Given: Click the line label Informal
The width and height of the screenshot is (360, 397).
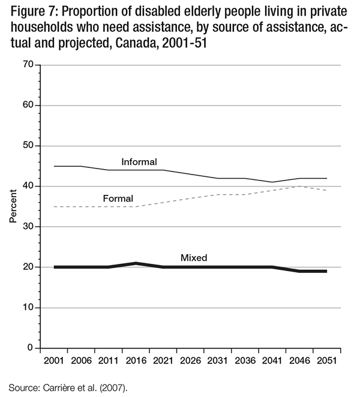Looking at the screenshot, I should click(x=139, y=162).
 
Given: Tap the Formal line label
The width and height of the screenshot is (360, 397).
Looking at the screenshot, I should click(x=118, y=198).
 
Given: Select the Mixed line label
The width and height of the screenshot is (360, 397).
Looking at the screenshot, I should click(x=194, y=258).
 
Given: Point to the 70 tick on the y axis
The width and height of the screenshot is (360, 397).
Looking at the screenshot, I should click(x=27, y=65).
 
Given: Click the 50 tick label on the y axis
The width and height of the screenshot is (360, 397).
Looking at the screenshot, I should click(x=27, y=146).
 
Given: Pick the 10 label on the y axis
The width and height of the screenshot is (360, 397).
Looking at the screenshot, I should click(x=27, y=308).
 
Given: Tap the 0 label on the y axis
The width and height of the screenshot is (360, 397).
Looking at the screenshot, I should click(x=29, y=348).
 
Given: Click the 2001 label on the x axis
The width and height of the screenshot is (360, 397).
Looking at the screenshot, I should click(x=54, y=362).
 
